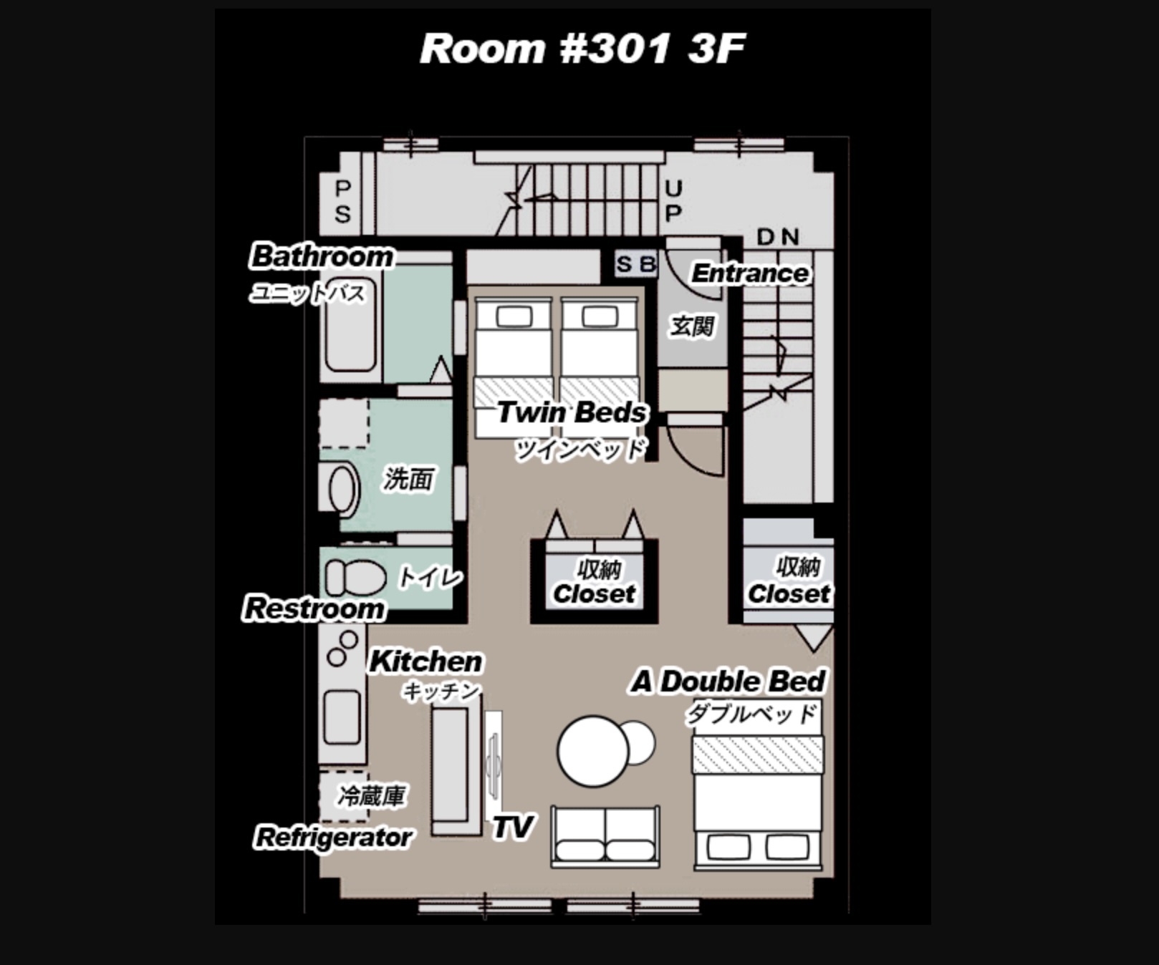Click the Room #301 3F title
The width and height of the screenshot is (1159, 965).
tap(582, 49)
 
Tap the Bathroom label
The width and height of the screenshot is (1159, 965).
tap(322, 256)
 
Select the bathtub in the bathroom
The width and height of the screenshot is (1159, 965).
tap(350, 324)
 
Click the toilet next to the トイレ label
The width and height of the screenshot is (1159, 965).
tap(355, 577)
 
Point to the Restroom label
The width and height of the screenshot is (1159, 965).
tap(314, 608)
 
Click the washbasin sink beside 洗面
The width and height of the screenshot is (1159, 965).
tap(344, 489)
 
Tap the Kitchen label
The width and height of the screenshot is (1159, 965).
tap(425, 661)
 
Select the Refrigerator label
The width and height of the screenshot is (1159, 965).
tap(334, 837)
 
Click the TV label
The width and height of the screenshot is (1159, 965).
tap(512, 827)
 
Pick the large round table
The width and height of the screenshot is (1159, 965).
tap(593, 751)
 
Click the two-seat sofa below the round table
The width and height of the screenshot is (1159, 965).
tap(605, 836)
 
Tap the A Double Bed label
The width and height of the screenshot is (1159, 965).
tap(728, 682)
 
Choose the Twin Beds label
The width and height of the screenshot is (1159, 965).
tap(572, 412)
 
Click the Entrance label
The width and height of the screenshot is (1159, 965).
tap(750, 273)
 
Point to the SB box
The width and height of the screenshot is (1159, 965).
tap(636, 264)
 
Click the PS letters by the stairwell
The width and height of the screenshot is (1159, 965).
tap(343, 202)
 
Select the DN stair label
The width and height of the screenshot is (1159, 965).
tap(778, 236)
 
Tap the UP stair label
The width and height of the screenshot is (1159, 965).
tap(673, 200)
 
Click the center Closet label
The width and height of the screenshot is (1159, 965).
tap(595, 593)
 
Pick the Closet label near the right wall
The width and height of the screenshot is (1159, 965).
tap(789, 593)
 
